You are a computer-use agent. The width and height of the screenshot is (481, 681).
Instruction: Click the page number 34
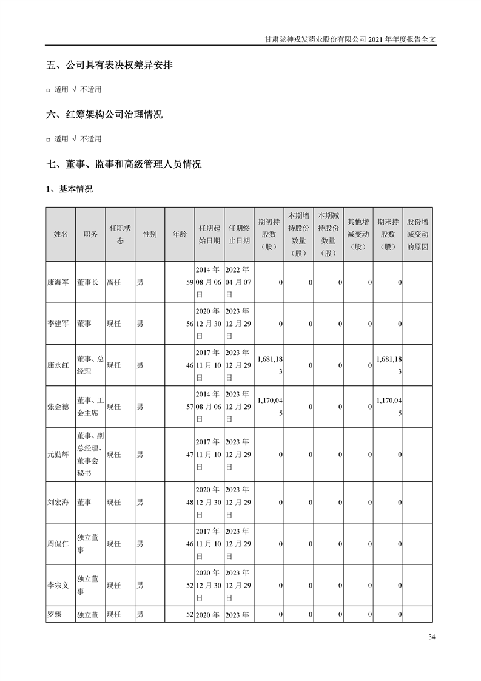coord(431,637)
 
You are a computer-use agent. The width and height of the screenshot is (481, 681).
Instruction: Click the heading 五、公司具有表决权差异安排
coord(109,65)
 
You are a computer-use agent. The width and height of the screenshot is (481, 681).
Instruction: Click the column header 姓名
coord(61,234)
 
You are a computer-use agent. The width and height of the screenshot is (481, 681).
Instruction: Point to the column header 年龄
coord(180,234)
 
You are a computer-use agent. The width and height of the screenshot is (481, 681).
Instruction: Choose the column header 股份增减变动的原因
coord(417,234)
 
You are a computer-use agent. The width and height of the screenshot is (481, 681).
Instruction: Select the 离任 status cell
coord(114,283)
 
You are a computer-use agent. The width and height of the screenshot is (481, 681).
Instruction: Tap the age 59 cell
coord(189,283)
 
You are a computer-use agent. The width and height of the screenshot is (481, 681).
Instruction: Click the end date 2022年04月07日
coord(237,282)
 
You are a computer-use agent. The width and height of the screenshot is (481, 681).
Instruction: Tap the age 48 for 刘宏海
coord(189,503)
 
